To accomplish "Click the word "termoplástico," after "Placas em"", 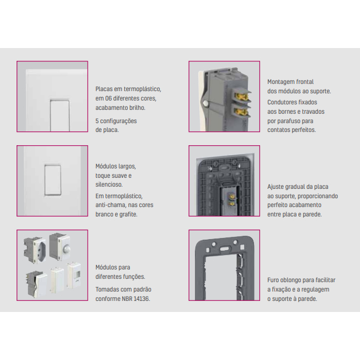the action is tap(142, 89).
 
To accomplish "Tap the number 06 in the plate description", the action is tap(109, 98).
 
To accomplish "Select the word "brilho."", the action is tap(137, 108).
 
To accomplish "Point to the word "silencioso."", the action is tap(109, 184).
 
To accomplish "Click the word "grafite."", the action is tap(128, 214).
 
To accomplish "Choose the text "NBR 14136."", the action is tap(136, 299).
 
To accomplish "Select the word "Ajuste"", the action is tap(276, 187).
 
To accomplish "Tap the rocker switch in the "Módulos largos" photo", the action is tap(53, 180).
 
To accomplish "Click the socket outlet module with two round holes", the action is tap(35, 250).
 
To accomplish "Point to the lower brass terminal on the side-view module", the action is tap(242, 112).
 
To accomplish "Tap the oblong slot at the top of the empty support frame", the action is tap(225, 248).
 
